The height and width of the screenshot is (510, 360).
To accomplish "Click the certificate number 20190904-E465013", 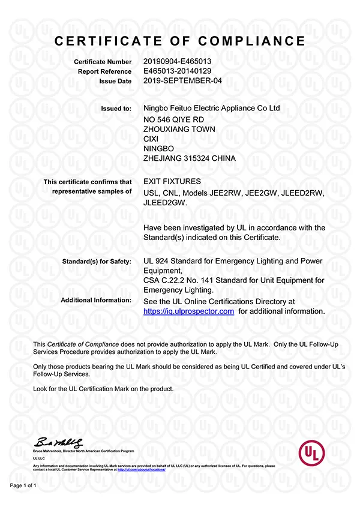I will pos(177,61).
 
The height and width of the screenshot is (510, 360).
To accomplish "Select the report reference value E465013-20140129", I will pos(177,71).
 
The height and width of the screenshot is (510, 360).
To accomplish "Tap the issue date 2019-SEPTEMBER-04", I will pos(179,80).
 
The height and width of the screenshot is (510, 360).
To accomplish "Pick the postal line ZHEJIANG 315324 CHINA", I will pos(190,158).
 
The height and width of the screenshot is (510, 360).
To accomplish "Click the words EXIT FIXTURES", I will pos(172,181).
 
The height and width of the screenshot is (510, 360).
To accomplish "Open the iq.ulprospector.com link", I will pos(189,311).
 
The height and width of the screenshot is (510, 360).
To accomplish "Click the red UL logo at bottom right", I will pos(315,452).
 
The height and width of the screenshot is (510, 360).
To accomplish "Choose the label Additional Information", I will pos(96,300).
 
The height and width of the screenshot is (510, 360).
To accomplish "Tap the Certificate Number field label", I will pos(103,62).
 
